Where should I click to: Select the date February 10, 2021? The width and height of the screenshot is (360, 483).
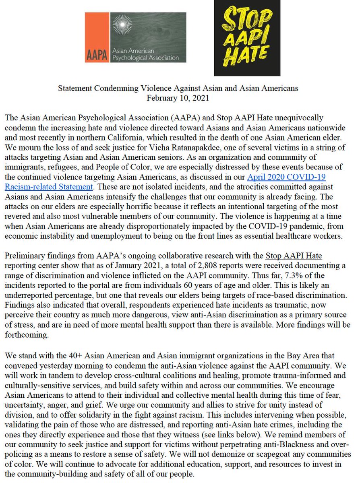pyautogui.click(x=179, y=97)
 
